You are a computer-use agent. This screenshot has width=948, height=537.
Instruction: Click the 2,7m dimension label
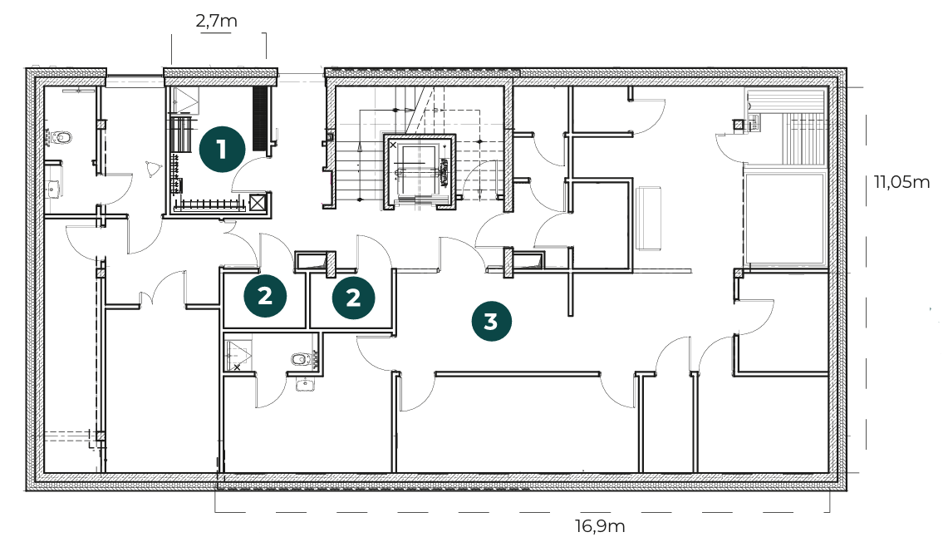[217, 21]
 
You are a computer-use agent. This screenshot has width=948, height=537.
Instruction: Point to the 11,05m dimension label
[901, 181]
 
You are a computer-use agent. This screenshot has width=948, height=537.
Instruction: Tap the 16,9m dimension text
[599, 525]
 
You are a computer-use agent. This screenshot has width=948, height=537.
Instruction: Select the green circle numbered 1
[223, 149]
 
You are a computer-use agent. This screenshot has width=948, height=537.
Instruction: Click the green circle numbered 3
[492, 321]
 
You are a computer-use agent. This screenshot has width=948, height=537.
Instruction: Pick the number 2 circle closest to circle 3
[353, 297]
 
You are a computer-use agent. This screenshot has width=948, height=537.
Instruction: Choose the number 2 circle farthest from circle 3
[265, 296]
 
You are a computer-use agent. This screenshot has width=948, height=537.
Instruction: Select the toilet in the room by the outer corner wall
[61, 139]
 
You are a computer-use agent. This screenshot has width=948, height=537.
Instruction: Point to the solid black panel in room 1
[261, 119]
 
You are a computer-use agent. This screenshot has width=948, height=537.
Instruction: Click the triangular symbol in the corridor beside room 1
[152, 169]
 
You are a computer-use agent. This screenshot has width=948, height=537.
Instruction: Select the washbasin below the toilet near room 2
[305, 384]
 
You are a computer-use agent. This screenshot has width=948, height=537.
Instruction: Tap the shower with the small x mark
[238, 355]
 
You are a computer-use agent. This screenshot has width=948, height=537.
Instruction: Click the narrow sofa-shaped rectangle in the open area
[648, 218]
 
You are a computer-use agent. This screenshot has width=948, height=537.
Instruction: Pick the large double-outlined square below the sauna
[785, 219]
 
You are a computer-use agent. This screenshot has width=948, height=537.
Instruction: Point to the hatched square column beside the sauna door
[738, 126]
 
